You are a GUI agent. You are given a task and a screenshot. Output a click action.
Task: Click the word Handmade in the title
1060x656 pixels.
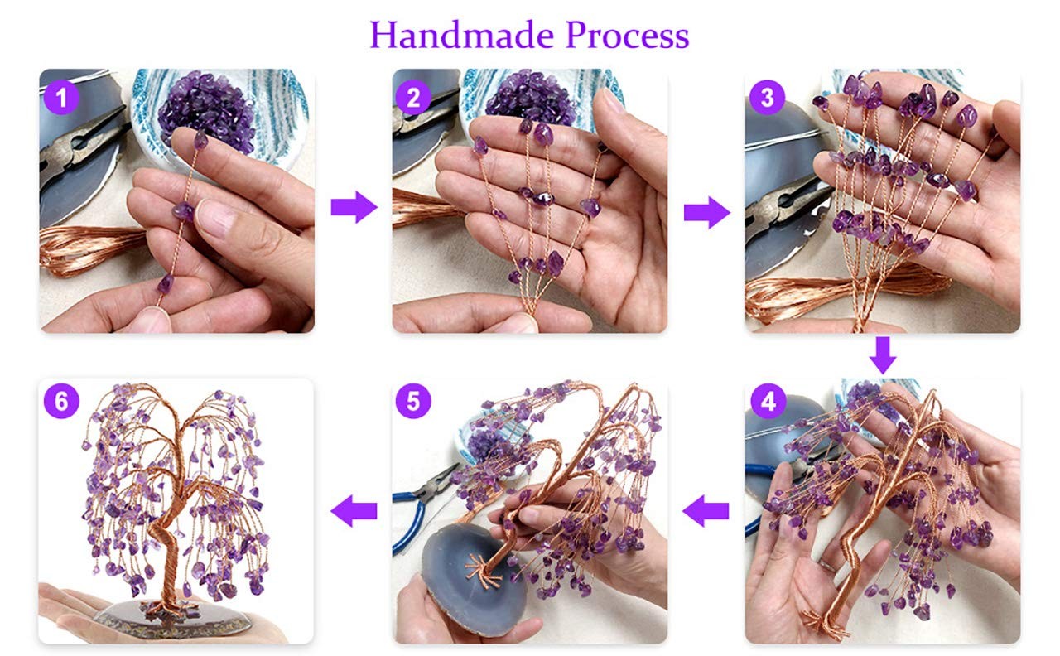[x=462, y=35]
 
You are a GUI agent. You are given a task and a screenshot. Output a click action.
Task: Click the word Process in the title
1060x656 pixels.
[x=628, y=35]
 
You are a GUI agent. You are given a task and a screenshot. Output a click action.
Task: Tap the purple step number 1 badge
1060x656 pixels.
[x=61, y=98]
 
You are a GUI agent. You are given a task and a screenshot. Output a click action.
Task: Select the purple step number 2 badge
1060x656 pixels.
[x=413, y=98]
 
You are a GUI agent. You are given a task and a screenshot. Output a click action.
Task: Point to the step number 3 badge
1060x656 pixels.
[x=767, y=98]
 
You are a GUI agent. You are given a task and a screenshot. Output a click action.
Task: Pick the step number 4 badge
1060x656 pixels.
[x=768, y=402]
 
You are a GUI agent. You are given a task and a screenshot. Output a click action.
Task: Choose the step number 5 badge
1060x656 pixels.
[x=413, y=402]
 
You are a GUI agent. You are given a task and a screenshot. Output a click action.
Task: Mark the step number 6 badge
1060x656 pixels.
[x=61, y=402]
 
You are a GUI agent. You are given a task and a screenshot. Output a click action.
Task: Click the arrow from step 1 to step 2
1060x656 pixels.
[x=354, y=207]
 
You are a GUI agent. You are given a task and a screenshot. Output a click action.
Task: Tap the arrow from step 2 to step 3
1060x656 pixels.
[x=707, y=213]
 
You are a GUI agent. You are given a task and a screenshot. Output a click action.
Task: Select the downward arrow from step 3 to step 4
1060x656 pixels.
[x=883, y=355]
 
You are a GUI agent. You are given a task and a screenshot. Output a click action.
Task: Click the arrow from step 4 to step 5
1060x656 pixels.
[x=706, y=511]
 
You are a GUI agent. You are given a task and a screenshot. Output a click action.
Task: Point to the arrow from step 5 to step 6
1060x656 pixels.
[x=354, y=511]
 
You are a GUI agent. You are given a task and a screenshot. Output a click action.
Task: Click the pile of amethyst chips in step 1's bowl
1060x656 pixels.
[x=206, y=110]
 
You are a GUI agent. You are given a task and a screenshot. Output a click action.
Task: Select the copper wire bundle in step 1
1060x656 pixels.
[x=90, y=248]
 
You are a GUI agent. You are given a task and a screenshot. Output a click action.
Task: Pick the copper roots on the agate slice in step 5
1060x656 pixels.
[x=484, y=570]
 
